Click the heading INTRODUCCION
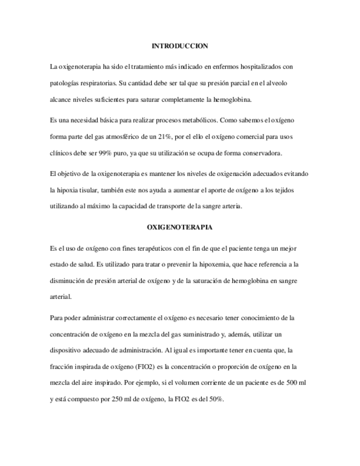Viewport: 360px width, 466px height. [180, 46]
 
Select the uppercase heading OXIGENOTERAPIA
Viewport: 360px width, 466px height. [180, 226]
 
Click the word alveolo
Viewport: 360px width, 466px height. [284, 83]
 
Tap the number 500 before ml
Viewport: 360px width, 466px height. [283, 381]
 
